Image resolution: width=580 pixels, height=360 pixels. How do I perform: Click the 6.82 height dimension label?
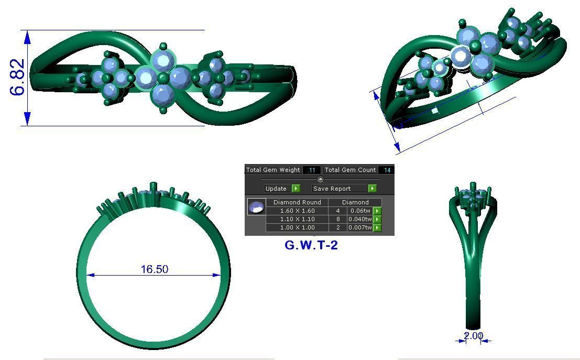(17, 77)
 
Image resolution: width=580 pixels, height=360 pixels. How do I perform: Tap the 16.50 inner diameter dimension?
(154, 269)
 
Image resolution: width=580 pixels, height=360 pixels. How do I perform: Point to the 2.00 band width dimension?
(473, 335)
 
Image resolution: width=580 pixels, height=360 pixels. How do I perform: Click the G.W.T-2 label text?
(311, 245)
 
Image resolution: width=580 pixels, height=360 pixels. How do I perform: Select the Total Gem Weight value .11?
(311, 170)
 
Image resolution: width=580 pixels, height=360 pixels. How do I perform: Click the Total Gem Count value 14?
(387, 170)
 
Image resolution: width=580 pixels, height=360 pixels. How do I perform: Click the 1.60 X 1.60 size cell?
(297, 211)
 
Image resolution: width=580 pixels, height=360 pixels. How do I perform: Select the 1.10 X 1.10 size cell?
(297, 219)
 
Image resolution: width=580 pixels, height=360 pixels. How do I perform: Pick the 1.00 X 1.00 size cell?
(297, 227)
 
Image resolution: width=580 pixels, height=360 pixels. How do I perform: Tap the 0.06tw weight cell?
(360, 211)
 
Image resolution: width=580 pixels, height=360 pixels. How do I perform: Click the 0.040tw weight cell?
(360, 219)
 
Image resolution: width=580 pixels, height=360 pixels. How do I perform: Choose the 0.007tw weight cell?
(360, 227)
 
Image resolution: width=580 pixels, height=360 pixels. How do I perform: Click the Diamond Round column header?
(297, 202)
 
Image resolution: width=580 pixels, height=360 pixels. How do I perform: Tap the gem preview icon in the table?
(256, 207)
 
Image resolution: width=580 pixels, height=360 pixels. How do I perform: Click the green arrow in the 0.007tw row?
(377, 227)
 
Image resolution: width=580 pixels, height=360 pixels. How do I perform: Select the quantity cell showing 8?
(338, 219)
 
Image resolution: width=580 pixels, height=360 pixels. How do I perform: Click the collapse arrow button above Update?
(321, 179)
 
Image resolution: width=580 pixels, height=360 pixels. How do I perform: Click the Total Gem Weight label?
(273, 170)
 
